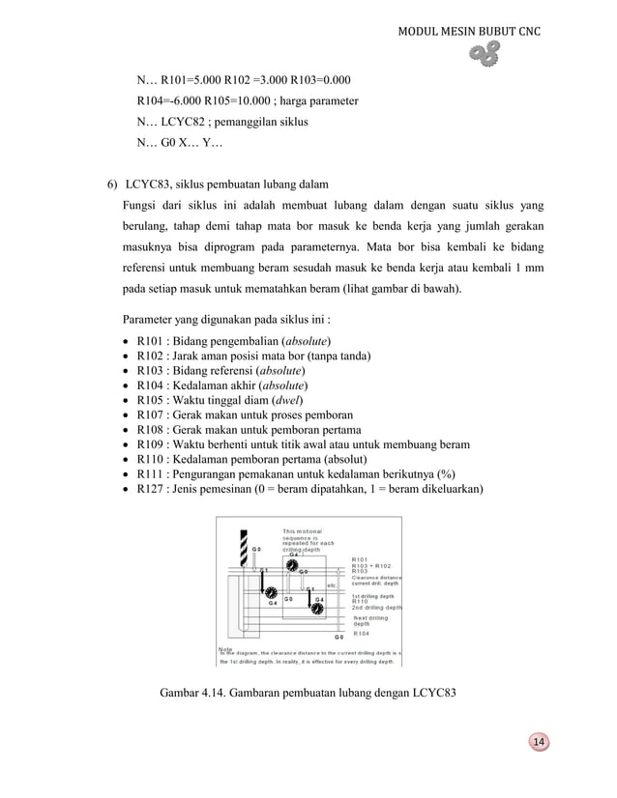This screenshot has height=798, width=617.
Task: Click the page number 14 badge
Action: point(539,741)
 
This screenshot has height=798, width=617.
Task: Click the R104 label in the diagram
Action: point(361,634)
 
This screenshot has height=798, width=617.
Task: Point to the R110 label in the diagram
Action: point(360,601)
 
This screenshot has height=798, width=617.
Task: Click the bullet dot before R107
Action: point(129,416)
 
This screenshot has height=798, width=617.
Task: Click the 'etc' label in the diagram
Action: point(332,584)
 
